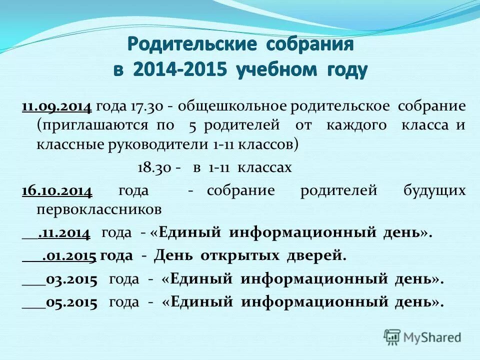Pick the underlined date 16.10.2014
point(56,190)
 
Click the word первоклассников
point(98,209)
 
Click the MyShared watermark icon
point(392,337)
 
